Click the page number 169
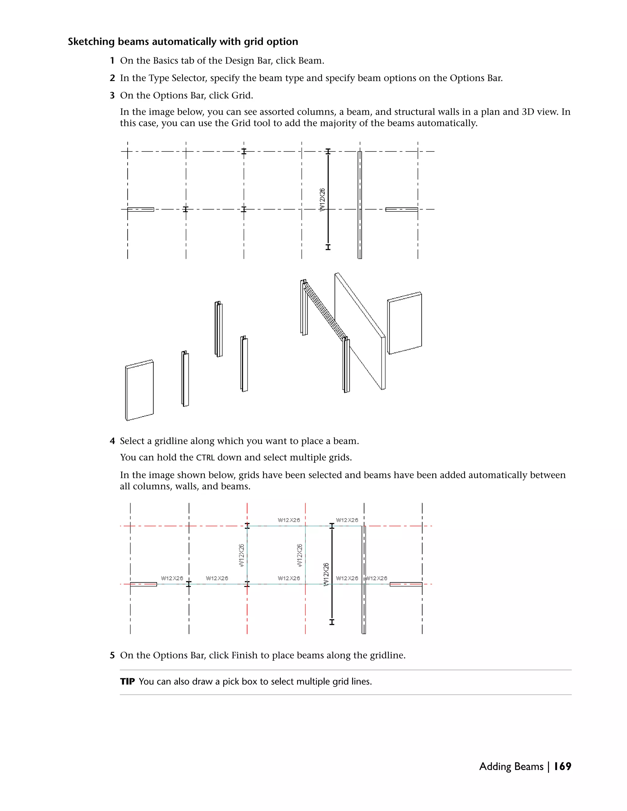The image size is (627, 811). pos(562,766)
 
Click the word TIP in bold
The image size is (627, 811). pos(127,682)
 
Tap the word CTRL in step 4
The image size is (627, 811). pos(205,458)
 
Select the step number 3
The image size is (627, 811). pos(112,95)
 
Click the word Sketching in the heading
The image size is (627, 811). pos(91,42)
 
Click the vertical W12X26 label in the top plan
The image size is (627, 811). pos(322,200)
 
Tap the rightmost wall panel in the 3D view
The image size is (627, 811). pos(405,323)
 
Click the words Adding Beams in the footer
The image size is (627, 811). pos(511,766)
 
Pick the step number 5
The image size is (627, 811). pos(112,655)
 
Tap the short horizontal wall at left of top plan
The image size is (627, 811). pos(141,209)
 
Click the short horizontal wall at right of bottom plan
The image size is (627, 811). pos(406,584)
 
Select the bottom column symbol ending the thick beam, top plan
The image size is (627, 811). pos(328,247)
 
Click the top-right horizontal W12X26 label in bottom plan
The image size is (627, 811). pos(347,520)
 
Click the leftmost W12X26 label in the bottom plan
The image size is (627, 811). pos(172,578)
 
